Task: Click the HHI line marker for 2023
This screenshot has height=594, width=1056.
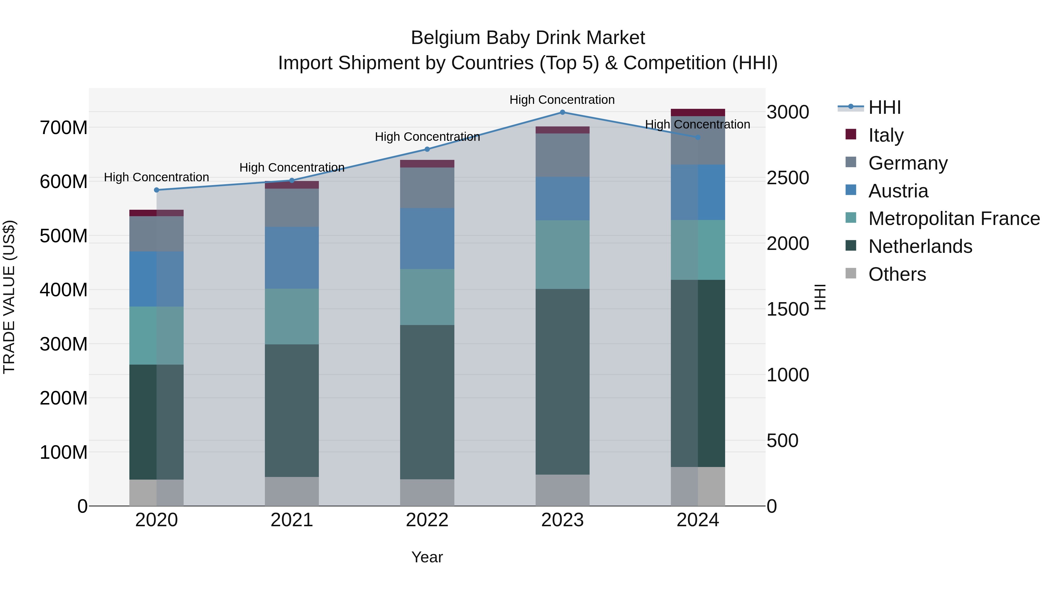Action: pos(562,112)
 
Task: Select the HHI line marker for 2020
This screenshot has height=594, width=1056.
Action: pos(157,190)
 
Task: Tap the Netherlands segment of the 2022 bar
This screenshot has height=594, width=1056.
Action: pos(427,402)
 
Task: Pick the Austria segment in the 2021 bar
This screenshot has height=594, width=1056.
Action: pos(292,258)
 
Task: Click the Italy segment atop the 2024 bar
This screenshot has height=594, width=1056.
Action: pos(698,113)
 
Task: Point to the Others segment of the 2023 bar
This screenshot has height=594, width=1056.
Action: pos(562,490)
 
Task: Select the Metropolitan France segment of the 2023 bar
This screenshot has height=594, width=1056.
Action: pos(562,255)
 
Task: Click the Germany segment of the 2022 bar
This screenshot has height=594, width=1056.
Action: pos(427,188)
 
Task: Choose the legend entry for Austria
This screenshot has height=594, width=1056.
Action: pos(898,191)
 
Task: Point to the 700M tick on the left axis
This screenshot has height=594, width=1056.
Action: pos(64,128)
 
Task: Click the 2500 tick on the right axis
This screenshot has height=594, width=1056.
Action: pos(788,178)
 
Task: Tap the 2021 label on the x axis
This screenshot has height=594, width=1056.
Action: pos(292,520)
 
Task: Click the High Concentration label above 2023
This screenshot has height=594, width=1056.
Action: pos(562,100)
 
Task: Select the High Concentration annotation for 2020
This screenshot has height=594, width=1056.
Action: pos(157,177)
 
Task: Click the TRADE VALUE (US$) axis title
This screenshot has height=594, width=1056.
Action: pos(9,297)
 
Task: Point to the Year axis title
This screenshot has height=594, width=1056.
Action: pos(427,557)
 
